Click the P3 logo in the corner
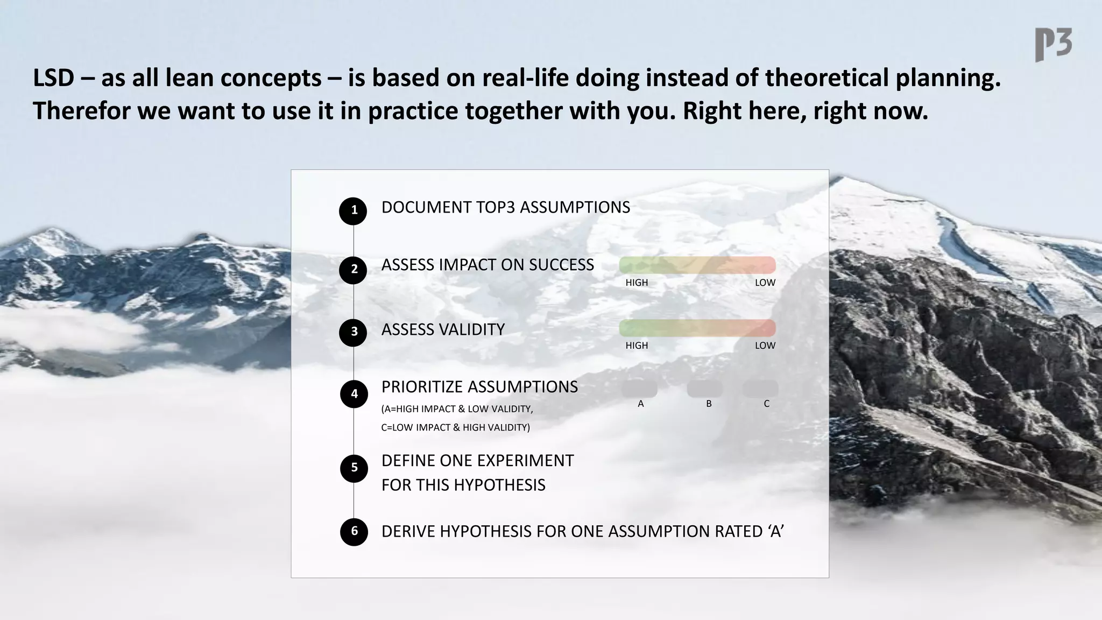1053,45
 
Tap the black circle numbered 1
353,210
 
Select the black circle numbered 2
353,270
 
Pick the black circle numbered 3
353,332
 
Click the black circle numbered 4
354,394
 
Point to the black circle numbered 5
354,468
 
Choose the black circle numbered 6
354,532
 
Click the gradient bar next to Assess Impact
697,265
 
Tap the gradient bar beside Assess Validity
697,328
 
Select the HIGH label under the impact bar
637,283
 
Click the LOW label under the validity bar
765,346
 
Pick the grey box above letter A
640,389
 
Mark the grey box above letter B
705,389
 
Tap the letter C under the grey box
766,404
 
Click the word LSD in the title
53,78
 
